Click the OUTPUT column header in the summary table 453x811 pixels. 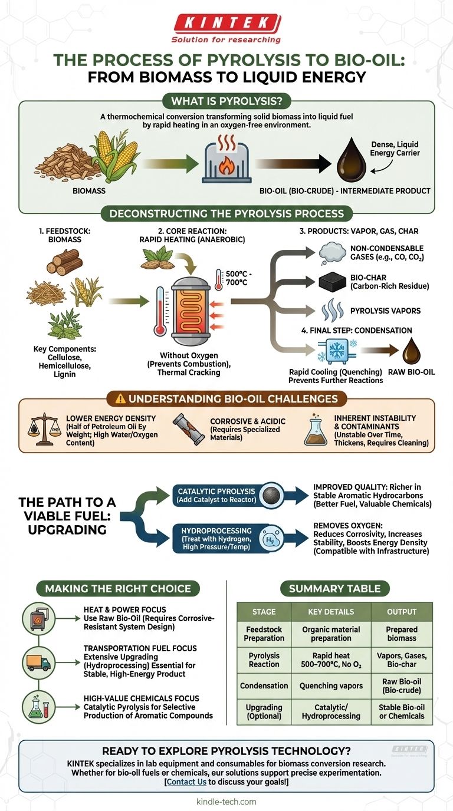point(401,611)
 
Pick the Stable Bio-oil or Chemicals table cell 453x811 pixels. point(401,711)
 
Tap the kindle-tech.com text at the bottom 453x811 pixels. point(226,802)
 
